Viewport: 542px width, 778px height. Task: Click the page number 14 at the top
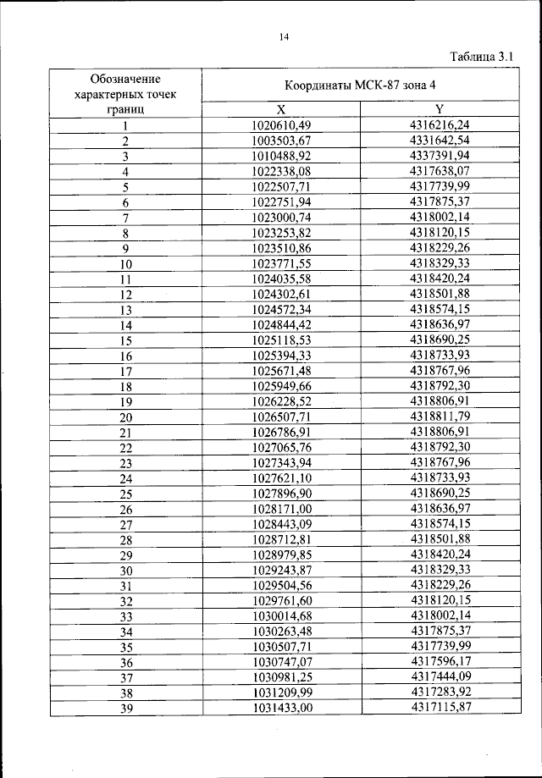click(284, 37)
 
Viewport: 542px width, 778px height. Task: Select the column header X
click(282, 109)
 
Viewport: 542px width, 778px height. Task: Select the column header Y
click(440, 109)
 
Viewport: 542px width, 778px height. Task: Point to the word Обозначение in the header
click(125, 78)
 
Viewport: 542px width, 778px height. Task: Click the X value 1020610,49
click(282, 125)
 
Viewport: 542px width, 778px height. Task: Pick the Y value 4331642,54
click(440, 141)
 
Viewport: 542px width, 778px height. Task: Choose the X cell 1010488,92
click(282, 156)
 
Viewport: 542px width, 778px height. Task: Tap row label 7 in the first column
click(125, 218)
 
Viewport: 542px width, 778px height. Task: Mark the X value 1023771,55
click(282, 264)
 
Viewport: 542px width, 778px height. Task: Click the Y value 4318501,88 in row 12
click(440, 295)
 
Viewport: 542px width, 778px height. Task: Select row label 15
click(125, 341)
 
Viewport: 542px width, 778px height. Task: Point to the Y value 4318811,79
click(440, 417)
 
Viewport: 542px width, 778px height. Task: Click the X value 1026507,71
click(282, 417)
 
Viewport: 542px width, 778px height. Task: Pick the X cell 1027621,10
click(282, 478)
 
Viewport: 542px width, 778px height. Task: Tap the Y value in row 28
click(440, 540)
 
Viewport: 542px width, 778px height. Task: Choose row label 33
click(125, 616)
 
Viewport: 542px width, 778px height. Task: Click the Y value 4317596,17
click(440, 662)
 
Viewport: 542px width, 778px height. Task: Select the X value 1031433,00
click(282, 708)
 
